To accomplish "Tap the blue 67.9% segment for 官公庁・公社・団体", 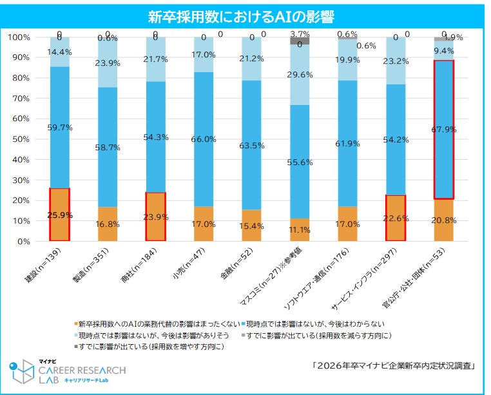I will point(443,129).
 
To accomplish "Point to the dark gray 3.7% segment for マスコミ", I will point(300,41).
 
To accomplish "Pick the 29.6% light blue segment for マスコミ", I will point(300,75).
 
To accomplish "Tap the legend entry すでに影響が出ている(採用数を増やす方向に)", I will point(152,347).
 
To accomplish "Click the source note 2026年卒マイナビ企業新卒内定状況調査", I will point(394,365).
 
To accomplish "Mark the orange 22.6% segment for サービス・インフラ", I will point(396,218).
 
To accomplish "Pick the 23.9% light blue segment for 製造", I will point(108,63).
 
